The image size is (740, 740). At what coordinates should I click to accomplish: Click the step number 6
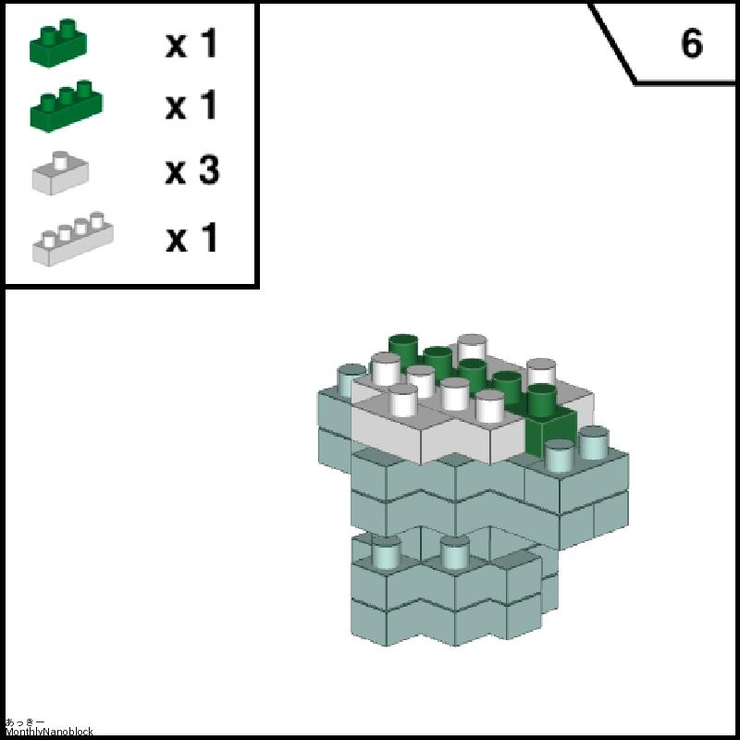tap(692, 43)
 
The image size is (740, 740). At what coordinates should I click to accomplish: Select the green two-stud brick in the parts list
tap(58, 43)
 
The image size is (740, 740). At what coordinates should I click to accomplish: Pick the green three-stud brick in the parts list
tap(66, 106)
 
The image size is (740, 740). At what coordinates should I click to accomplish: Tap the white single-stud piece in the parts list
tap(60, 173)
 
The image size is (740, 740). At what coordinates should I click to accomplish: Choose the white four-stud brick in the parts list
tap(73, 239)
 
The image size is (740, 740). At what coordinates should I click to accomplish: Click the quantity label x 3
tap(192, 170)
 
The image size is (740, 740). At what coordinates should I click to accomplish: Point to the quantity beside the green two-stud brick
tap(191, 43)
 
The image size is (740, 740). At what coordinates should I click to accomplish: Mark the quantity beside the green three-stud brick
tap(191, 105)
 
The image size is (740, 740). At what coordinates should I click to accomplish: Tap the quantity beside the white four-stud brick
tap(191, 238)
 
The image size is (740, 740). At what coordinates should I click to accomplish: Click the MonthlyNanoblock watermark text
tap(49, 732)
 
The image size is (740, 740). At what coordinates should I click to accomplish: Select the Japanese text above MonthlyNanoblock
tap(25, 722)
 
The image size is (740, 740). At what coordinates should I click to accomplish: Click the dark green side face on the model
tap(550, 432)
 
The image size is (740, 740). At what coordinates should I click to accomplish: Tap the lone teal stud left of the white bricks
tap(351, 380)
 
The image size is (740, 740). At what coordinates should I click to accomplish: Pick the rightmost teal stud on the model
tap(594, 443)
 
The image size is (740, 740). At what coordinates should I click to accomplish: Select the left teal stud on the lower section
tap(386, 551)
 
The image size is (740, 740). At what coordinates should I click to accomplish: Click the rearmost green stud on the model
tap(403, 347)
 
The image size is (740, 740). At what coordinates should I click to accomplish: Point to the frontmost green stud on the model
tap(541, 400)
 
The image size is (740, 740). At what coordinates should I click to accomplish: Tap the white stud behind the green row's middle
tap(472, 346)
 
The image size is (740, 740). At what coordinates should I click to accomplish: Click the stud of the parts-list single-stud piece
tap(60, 160)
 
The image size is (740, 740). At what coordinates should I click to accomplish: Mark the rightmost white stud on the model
tap(541, 371)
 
